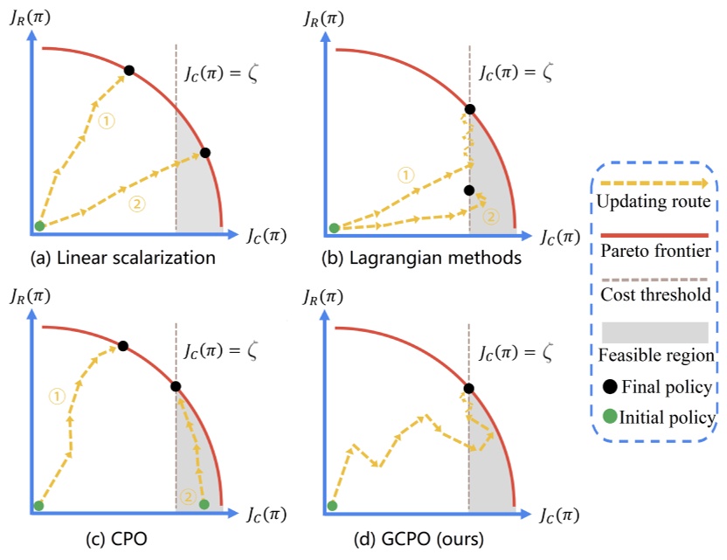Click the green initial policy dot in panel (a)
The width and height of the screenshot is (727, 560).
tap(39, 227)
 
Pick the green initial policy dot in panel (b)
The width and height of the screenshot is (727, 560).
tap(334, 228)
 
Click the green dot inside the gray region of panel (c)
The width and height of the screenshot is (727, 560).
tap(204, 504)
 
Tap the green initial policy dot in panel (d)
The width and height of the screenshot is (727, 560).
tap(332, 505)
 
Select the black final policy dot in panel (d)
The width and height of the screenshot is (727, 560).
tap(469, 388)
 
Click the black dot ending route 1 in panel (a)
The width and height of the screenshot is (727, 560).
tap(128, 70)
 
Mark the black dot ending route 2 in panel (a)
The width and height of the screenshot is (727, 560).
tap(205, 153)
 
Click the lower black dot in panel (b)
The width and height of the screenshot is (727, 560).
tap(469, 190)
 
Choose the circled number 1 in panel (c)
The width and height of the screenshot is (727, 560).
tap(57, 397)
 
